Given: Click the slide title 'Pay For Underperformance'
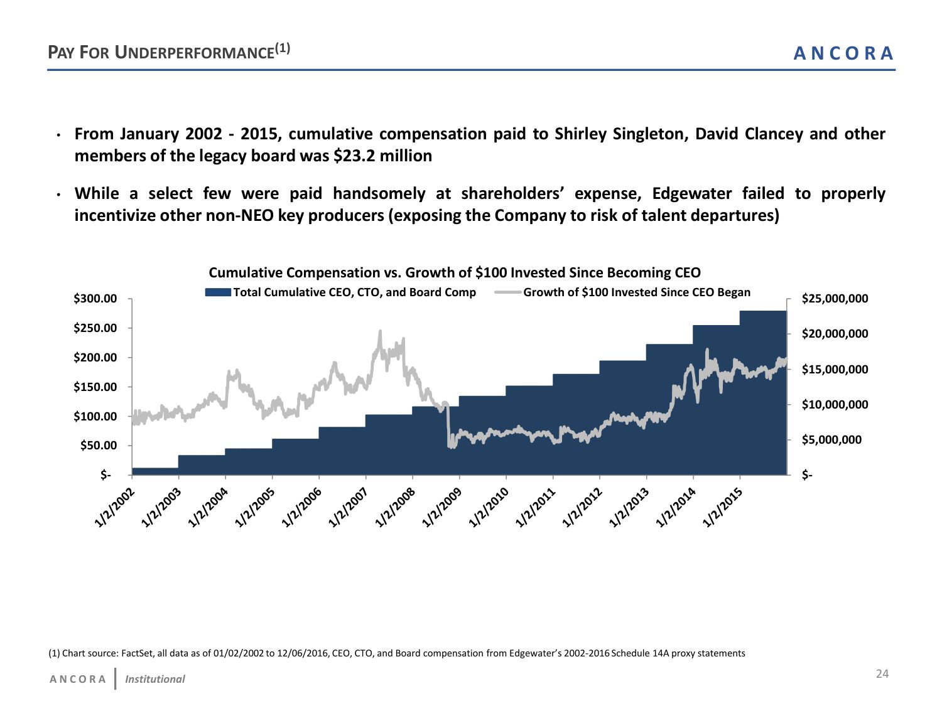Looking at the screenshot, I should [168, 51].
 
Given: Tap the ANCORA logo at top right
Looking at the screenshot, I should [843, 53].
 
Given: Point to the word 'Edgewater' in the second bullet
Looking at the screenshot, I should [691, 194].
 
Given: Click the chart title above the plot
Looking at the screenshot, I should [454, 273].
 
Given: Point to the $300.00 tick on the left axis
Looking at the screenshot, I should [95, 299].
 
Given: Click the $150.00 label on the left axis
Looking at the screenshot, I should [95, 387].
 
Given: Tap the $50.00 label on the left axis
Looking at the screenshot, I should [98, 446].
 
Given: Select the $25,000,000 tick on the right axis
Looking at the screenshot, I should [835, 299].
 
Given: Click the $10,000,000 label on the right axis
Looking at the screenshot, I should [835, 405].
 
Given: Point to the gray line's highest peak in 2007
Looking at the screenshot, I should [380, 331].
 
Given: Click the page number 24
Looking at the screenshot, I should [882, 674].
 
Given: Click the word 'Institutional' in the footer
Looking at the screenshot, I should [155, 679].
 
